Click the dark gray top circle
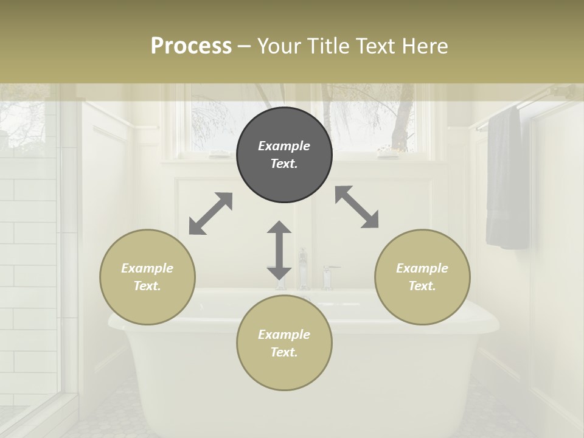click(284, 155)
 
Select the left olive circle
click(147, 277)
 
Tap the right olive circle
click(422, 277)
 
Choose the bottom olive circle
click(284, 343)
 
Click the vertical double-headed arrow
click(279, 250)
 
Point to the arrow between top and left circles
click(210, 213)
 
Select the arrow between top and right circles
click(356, 207)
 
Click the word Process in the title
click(191, 46)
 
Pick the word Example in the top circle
click(284, 146)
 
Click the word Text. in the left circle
click(147, 286)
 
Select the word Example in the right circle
click(422, 268)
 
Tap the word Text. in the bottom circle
click(284, 352)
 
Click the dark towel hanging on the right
click(507, 179)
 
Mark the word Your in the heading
click(280, 46)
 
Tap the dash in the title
click(245, 46)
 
